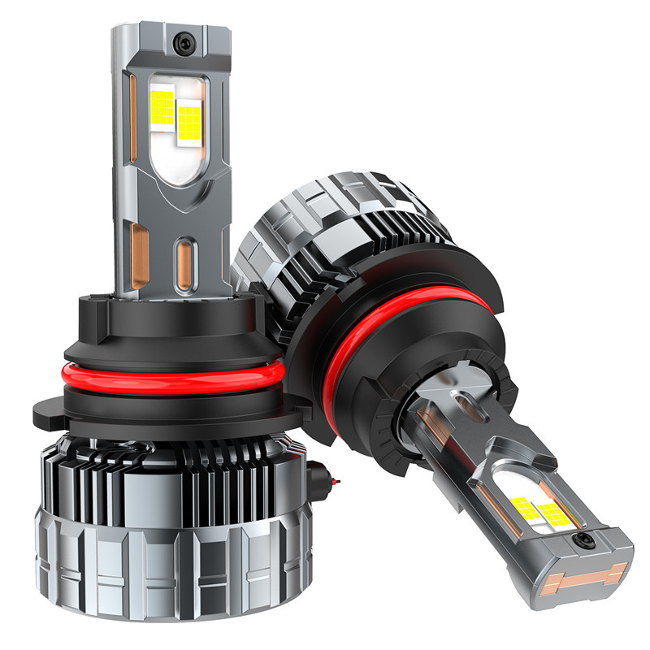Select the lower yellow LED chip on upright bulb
(x=189, y=123)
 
